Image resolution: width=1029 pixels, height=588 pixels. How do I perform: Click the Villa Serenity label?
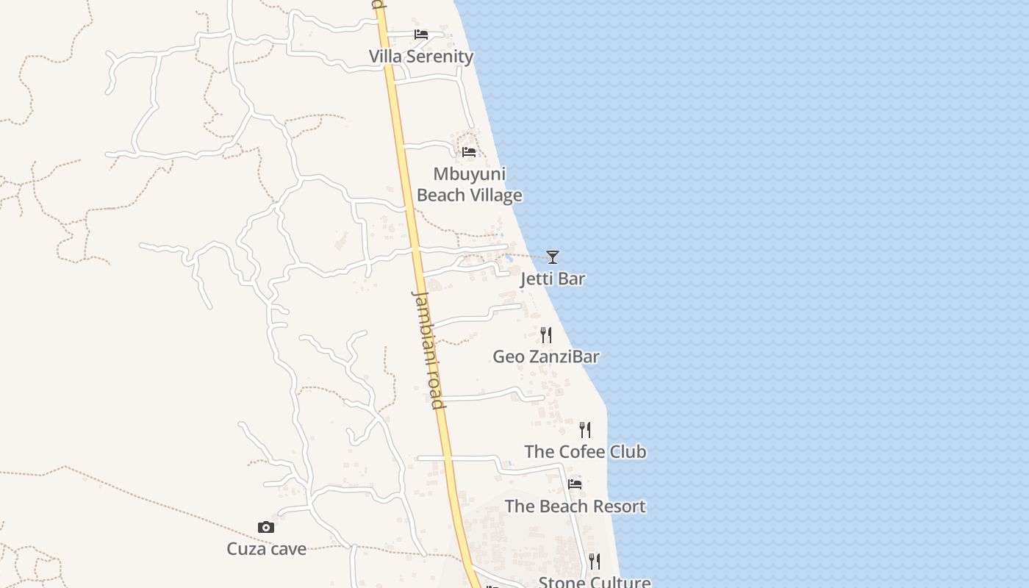coord(421,57)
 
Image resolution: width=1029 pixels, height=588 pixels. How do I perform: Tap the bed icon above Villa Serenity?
coord(421,35)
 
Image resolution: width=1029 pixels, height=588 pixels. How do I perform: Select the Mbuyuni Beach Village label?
coord(469,184)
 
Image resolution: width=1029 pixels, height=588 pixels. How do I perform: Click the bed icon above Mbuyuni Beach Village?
coord(469,152)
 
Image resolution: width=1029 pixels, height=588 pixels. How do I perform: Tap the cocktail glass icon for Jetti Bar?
coord(553,257)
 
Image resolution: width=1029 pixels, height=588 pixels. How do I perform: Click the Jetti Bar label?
coord(553,279)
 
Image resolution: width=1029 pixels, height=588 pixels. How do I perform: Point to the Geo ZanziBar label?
coord(546,356)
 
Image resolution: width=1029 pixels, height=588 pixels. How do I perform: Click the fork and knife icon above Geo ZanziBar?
coord(546,335)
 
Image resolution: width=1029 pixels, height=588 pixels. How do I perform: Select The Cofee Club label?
coord(585,451)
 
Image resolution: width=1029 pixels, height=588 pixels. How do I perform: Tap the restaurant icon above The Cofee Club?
coord(585,429)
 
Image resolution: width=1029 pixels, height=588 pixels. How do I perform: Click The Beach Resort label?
coord(575,506)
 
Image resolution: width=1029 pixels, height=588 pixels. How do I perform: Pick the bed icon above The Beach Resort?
coord(575,484)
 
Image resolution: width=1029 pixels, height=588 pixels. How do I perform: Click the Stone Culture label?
coord(595,582)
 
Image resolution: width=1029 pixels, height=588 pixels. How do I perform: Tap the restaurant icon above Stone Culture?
coord(595,562)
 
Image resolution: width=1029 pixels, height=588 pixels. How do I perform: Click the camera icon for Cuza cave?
coord(266,527)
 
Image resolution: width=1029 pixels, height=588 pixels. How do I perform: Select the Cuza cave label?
coord(266,549)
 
